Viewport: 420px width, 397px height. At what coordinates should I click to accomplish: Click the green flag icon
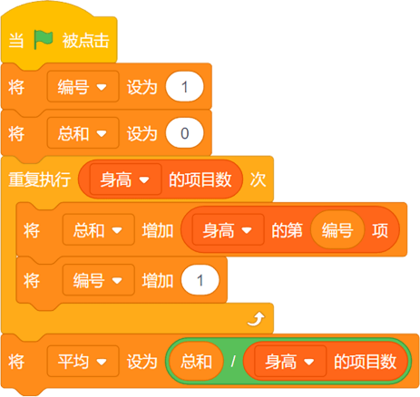[44, 40]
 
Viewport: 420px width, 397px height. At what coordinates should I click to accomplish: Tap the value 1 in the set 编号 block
[184, 87]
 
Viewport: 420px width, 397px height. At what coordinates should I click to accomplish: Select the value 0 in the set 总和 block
[184, 133]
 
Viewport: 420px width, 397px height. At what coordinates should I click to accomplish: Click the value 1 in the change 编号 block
[200, 280]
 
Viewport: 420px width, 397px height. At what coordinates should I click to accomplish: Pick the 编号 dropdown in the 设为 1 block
[83, 87]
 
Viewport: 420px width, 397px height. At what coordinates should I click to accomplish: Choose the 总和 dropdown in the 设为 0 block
[83, 133]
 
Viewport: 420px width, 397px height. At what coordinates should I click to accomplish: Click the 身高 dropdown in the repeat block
[125, 179]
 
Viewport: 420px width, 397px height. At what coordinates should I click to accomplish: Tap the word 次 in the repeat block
[258, 179]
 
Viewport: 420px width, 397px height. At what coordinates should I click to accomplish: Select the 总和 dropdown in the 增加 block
[99, 230]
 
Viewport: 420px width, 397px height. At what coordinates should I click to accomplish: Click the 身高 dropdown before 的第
[228, 230]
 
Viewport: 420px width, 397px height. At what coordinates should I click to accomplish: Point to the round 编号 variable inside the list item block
[337, 230]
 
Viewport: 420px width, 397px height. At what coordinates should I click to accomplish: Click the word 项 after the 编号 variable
[380, 230]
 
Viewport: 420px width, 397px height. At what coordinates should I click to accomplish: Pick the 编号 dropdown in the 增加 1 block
[99, 280]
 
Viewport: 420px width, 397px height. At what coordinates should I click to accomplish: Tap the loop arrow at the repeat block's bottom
[256, 319]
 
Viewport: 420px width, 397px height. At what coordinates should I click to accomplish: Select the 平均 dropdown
[83, 362]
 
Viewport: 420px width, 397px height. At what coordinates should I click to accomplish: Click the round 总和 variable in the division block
[196, 362]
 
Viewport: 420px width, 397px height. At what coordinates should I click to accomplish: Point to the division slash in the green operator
[233, 362]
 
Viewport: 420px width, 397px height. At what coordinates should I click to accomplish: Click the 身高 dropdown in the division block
[290, 362]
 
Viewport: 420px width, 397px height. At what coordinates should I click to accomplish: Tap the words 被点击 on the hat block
[85, 41]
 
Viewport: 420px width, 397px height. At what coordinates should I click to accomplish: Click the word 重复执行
[40, 179]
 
